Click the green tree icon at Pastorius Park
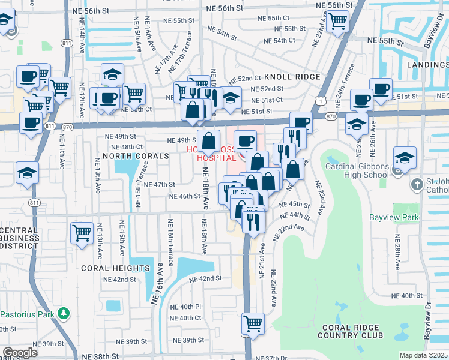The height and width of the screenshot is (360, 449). (x=62, y=313)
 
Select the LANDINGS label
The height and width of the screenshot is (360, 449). (x=427, y=64)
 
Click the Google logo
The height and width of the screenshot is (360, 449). (x=19, y=353)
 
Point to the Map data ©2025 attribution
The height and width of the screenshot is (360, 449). (x=424, y=355)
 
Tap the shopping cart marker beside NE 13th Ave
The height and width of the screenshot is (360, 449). (x=82, y=232)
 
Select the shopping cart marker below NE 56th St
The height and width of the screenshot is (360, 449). (x=338, y=21)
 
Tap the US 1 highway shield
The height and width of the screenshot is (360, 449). (x=323, y=102)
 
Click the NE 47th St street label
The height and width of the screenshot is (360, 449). (x=160, y=185)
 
